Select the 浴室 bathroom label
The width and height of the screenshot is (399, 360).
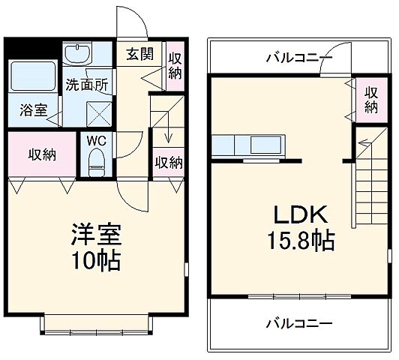coord(33,110)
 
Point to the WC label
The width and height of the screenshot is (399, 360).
coord(95,141)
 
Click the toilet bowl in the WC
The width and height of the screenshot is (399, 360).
coord(96,160)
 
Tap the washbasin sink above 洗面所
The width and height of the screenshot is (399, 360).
coord(76,54)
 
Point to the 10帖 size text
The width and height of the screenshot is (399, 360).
coord(95,262)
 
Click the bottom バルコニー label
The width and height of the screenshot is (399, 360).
coord(298,323)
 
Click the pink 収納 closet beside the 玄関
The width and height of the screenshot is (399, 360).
coord(175,64)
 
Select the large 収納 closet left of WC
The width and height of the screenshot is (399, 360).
coord(42,154)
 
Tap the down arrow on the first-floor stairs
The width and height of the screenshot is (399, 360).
coord(169,135)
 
